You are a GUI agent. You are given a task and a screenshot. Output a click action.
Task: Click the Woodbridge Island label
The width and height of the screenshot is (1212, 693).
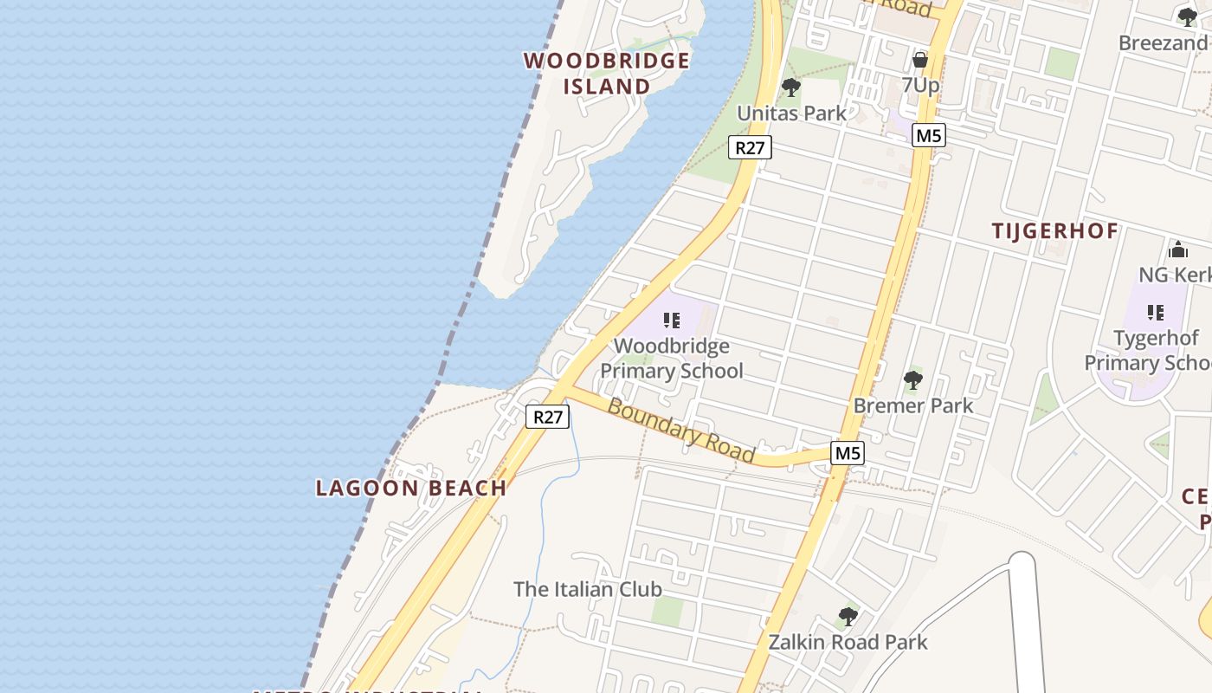607,74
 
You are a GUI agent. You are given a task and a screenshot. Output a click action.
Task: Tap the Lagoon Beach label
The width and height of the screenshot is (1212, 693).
411,488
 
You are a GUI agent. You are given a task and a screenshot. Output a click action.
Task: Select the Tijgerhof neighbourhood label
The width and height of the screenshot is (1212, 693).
1055,231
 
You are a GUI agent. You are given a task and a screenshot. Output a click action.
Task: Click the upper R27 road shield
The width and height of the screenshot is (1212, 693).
749,147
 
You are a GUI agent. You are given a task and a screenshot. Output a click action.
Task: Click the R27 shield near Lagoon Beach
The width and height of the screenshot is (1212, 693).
547,417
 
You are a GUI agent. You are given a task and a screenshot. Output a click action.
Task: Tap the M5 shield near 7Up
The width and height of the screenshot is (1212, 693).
929,135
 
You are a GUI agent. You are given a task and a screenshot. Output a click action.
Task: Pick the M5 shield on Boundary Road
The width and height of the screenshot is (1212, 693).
848,452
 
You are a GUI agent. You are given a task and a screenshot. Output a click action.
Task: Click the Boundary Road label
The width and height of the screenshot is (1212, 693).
680,431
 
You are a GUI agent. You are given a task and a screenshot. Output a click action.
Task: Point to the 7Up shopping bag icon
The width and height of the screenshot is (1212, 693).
920,60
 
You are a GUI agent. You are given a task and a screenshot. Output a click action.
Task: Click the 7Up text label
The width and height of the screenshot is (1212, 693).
920,85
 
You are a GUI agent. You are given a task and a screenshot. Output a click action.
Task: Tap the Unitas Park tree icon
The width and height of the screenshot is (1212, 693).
790,87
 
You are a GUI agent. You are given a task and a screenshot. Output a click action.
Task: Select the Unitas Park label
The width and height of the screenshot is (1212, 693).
791,113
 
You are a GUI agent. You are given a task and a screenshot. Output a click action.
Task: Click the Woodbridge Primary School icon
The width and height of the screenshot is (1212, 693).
671,321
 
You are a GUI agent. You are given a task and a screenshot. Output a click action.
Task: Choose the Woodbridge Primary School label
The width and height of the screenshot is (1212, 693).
672,359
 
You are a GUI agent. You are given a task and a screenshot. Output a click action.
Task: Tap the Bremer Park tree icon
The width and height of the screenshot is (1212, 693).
912,380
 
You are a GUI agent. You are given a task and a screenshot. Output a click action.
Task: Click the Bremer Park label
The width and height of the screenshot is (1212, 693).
912,405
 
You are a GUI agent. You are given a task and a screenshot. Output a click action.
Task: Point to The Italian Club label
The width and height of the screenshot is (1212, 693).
588,589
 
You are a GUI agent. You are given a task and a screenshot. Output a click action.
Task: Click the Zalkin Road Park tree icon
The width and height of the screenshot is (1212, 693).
848,617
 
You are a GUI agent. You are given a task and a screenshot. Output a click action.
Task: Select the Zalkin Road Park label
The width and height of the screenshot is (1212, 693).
848,642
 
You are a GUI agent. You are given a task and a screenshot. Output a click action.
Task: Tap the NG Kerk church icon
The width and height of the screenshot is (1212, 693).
1177,250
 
